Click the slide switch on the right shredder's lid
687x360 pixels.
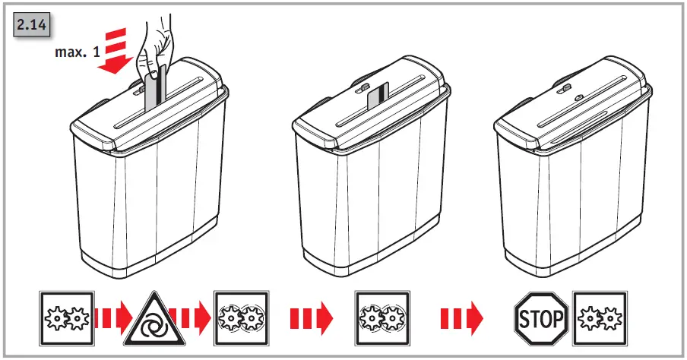coord(562,90)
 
